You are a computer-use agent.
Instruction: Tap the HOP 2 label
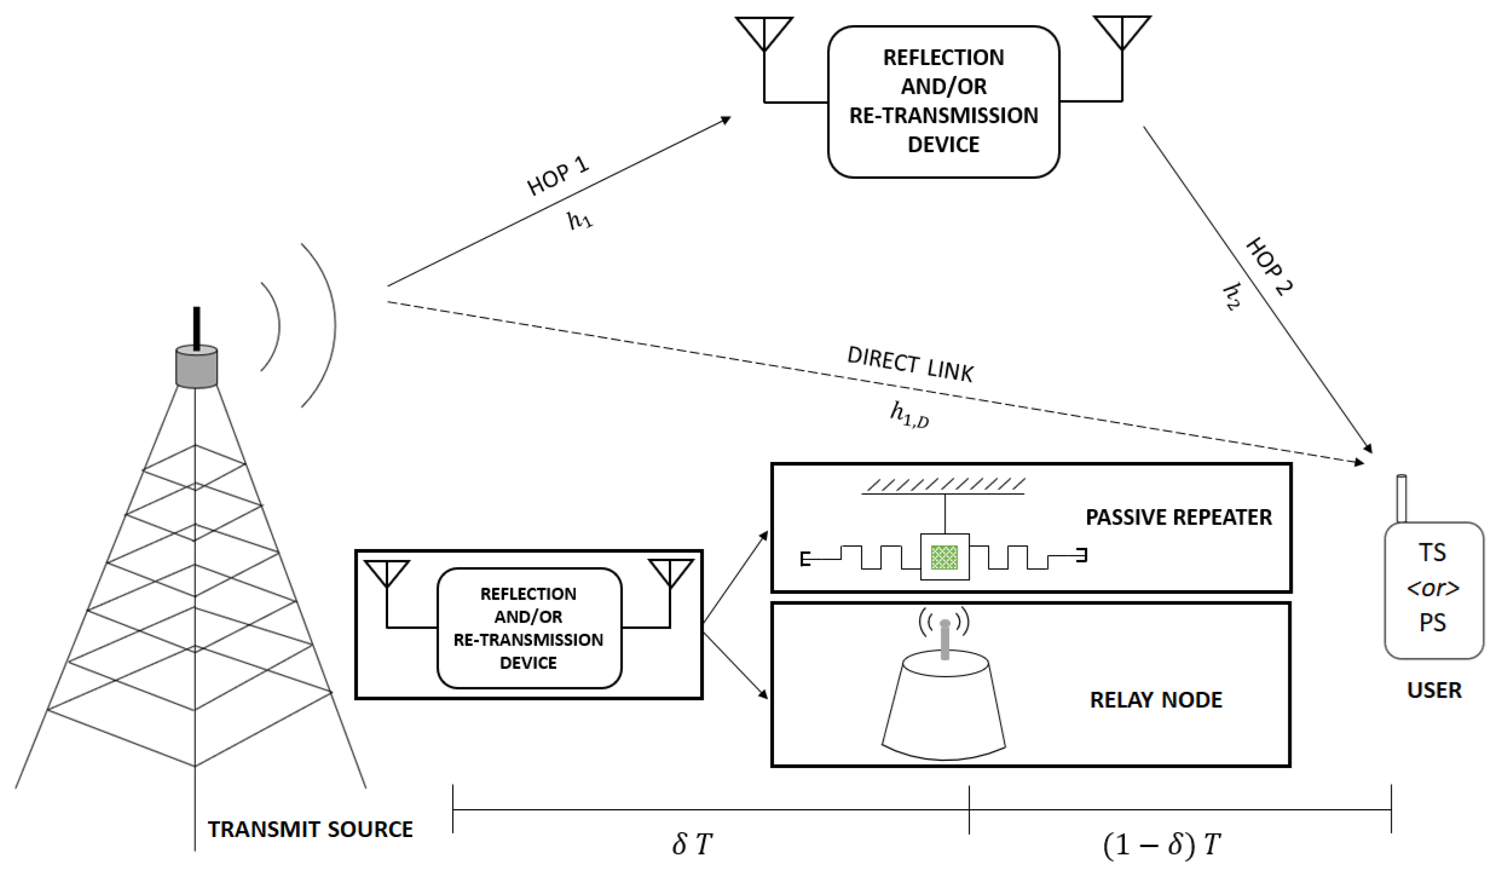point(1269,266)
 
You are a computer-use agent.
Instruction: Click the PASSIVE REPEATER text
point(1178,517)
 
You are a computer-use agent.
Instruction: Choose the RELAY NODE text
point(1155,699)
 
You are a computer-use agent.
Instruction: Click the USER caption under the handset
point(1433,690)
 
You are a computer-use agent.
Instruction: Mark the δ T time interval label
point(692,844)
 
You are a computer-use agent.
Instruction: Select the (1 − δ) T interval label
point(1161,844)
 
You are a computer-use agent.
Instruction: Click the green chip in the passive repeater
point(944,557)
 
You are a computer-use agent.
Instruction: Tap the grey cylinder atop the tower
point(196,368)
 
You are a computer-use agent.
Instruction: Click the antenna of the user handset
point(1401,498)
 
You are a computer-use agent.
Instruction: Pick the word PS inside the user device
point(1432,622)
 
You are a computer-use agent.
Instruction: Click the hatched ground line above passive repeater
point(943,487)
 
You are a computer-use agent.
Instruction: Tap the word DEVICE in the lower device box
point(527,662)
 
